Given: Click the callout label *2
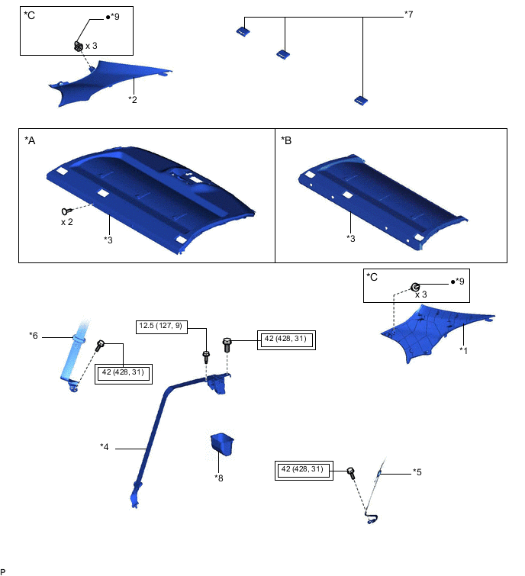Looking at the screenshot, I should (132, 98).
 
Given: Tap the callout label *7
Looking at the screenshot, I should (408, 14).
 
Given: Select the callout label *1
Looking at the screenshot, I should (463, 349).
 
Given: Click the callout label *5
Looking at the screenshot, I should (417, 471).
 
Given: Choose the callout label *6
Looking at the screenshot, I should (34, 334).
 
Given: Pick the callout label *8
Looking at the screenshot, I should (219, 478).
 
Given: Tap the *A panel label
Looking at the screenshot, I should (30, 140).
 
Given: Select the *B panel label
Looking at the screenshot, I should (286, 140).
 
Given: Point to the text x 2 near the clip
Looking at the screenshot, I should (68, 222).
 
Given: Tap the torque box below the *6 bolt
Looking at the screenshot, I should (124, 373).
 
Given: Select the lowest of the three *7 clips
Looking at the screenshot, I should (361, 100).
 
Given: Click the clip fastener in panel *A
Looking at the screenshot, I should (66, 210).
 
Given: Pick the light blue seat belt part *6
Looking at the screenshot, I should (74, 359).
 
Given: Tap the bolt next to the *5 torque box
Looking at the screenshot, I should (352, 472).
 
